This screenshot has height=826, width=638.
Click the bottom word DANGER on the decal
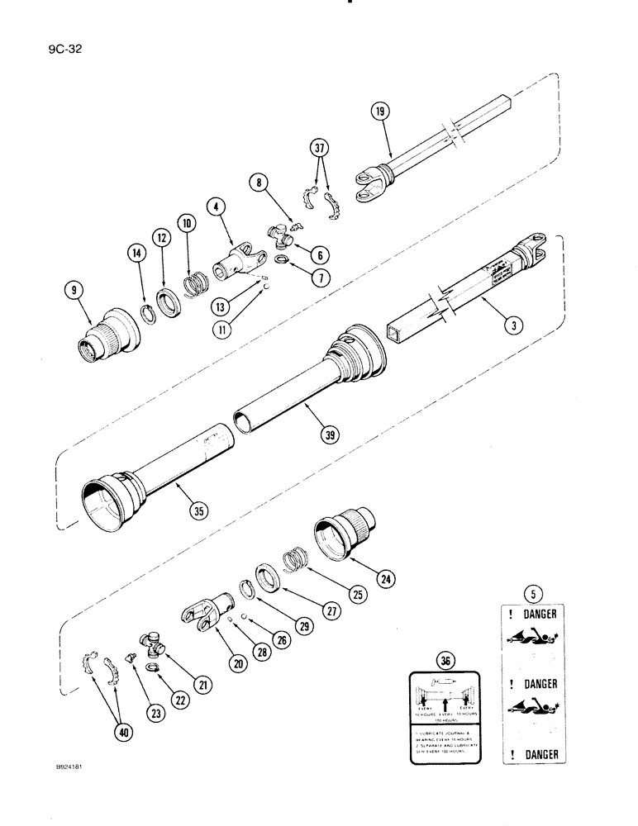tap(539, 754)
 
